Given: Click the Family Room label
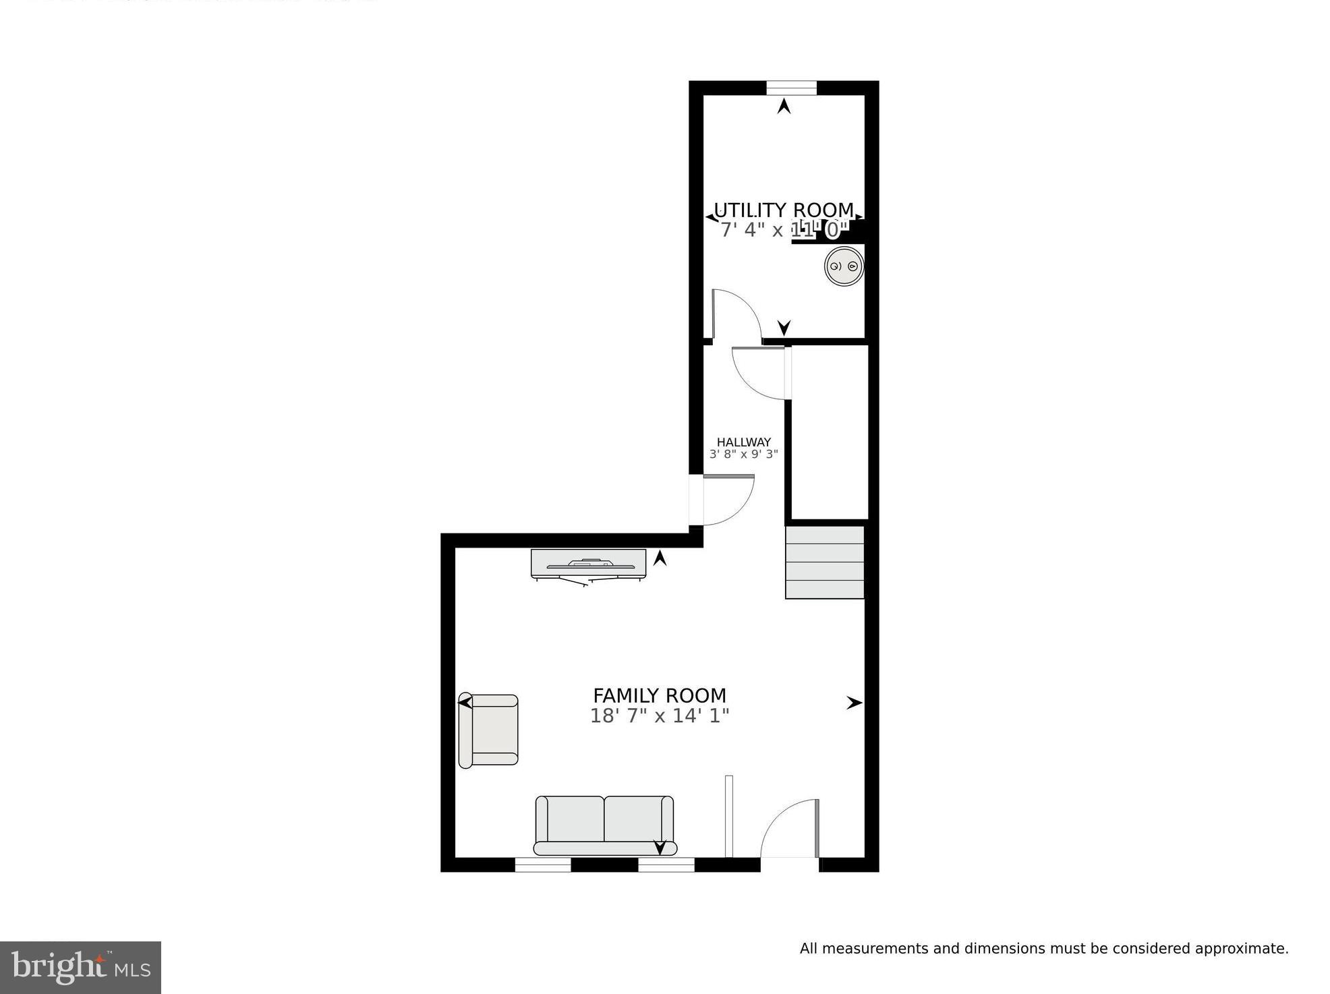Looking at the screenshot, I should [659, 695].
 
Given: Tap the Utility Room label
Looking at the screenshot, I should [783, 210].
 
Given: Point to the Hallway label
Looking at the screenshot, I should [743, 442].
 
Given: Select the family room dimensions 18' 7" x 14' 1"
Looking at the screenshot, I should [659, 715].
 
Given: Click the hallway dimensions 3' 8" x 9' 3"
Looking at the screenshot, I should [743, 455].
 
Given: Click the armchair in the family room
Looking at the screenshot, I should [488, 731].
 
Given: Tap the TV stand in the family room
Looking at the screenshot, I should [588, 564].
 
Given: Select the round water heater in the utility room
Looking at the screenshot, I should [844, 266].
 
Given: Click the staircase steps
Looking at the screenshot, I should [825, 562].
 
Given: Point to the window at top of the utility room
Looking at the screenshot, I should [791, 88].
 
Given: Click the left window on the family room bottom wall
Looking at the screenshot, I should [543, 865].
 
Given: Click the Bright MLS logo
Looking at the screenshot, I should [80, 968].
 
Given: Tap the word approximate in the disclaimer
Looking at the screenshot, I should [1240, 949].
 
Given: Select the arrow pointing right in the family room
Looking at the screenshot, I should [854, 703].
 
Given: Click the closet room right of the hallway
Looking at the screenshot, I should [829, 432].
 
